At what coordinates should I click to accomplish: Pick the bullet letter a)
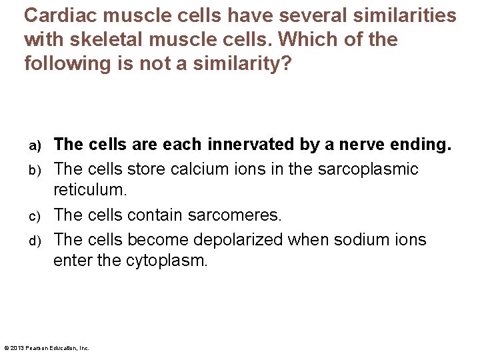[36, 145]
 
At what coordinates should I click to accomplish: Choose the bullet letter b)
[36, 169]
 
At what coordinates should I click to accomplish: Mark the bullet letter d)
[36, 240]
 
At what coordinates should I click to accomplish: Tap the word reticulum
[90, 191]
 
